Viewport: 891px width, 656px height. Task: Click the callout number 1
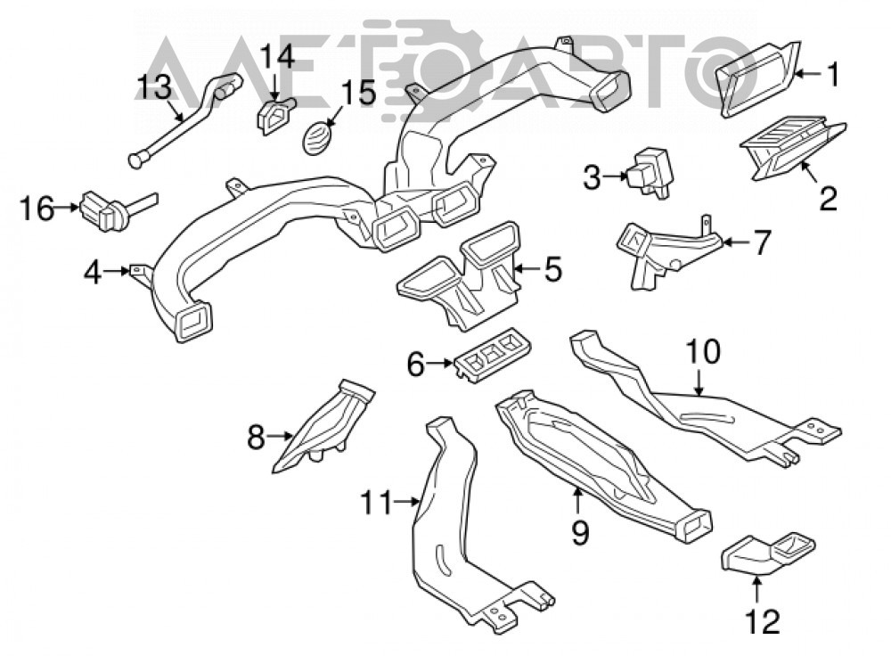coord(832,75)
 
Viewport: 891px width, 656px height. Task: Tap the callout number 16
coord(37,209)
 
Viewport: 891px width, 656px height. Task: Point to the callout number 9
coord(580,533)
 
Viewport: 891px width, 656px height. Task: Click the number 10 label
coord(703,352)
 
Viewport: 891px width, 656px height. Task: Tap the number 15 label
coord(358,94)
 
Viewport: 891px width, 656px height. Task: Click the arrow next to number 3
coord(614,176)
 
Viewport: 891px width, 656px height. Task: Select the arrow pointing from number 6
coord(440,362)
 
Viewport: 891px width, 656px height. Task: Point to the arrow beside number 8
coord(280,436)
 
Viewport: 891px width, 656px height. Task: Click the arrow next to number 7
coord(737,242)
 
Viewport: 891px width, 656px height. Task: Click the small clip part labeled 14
coord(275,115)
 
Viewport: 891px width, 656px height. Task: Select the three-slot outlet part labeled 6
coord(494,357)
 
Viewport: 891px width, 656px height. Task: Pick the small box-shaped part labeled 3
coord(650,172)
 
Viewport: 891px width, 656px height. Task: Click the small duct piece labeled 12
coord(767,553)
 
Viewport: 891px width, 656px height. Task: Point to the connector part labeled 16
coord(110,209)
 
